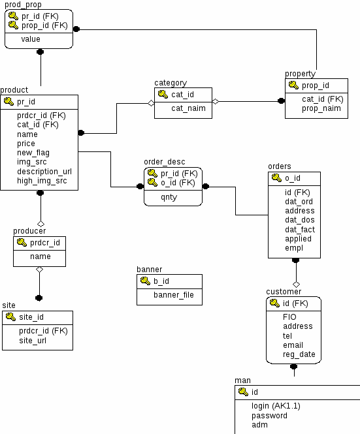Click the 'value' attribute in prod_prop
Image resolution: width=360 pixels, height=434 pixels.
(x=31, y=39)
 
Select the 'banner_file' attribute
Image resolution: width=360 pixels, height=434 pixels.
(x=174, y=295)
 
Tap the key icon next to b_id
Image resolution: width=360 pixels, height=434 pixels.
(x=145, y=281)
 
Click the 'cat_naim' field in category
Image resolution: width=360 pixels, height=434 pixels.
(x=188, y=108)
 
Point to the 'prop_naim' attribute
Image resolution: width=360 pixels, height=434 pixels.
(x=321, y=108)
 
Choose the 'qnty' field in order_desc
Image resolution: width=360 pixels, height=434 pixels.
(x=169, y=197)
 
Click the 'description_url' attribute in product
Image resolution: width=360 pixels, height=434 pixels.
(x=44, y=172)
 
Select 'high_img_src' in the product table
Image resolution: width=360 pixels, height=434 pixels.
(x=42, y=181)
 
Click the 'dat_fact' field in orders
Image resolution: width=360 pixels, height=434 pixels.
(x=300, y=230)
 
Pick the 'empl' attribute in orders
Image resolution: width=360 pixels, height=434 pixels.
(x=294, y=248)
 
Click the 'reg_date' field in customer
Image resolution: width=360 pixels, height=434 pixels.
(x=299, y=354)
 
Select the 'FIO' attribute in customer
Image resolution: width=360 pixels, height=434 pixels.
(x=289, y=317)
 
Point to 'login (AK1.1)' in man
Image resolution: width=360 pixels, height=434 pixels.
(x=276, y=406)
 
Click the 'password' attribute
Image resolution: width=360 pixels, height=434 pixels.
(x=269, y=416)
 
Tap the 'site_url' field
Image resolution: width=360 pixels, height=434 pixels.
(x=33, y=341)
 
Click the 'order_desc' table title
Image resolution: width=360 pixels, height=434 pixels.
(x=165, y=162)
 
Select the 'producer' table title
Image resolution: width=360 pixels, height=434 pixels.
(x=29, y=231)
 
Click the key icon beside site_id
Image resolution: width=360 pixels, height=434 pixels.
(x=10, y=317)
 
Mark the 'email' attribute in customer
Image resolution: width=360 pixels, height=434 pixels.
(x=293, y=345)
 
